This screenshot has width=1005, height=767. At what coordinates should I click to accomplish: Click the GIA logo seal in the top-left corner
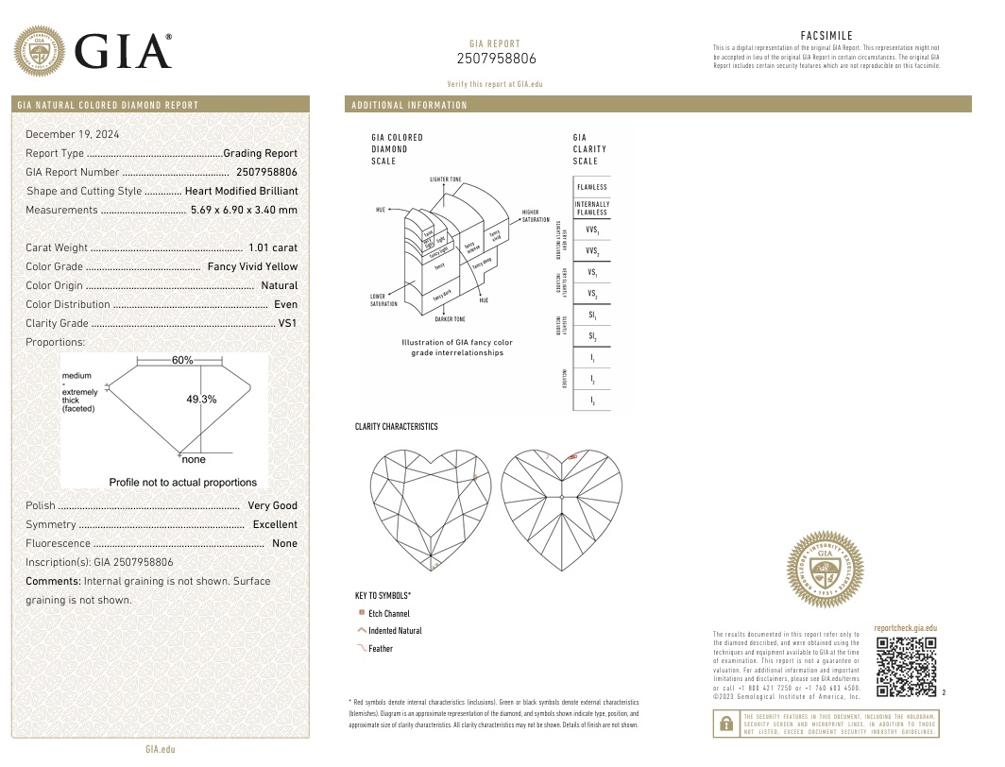[x=39, y=51]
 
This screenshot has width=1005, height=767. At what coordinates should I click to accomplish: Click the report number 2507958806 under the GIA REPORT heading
[x=496, y=59]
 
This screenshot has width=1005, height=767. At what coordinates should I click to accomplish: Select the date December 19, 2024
[x=79, y=134]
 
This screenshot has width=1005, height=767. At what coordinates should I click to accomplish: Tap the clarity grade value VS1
[x=287, y=323]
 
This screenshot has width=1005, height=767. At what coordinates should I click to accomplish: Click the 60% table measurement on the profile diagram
[x=182, y=360]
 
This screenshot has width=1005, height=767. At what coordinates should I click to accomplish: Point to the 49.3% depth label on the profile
[x=201, y=399]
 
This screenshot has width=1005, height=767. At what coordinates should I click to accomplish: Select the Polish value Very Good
[x=272, y=505]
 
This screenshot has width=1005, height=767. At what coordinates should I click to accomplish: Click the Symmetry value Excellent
[x=275, y=524]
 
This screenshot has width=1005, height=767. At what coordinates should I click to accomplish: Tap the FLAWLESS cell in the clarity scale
[x=591, y=187]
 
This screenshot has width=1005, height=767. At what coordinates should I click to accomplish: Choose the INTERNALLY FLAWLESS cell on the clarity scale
[x=591, y=208]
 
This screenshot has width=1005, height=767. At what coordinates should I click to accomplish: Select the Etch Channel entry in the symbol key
[x=388, y=614]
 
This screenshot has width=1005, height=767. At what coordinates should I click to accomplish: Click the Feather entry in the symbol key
[x=380, y=649]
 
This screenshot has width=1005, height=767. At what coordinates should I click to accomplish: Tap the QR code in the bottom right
[x=906, y=667]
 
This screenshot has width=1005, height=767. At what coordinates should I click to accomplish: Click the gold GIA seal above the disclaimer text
[x=826, y=569]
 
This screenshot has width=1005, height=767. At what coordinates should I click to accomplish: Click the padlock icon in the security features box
[x=725, y=724]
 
